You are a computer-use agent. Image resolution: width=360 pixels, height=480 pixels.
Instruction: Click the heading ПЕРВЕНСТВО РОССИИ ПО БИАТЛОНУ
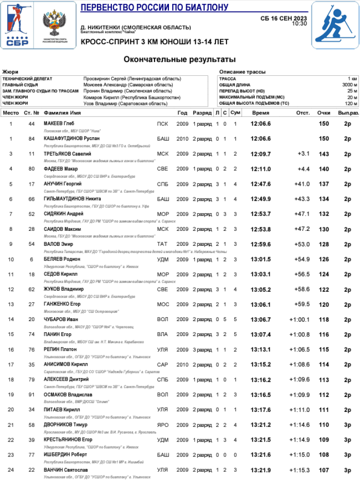(155, 7)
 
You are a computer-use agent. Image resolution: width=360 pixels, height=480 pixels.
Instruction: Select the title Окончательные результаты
(180, 60)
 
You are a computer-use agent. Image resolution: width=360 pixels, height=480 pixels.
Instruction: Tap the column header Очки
(324, 113)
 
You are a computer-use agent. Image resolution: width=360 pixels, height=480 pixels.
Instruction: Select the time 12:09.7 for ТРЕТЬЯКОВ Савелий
(261, 154)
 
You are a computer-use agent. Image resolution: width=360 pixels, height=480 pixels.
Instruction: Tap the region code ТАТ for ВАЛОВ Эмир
(163, 244)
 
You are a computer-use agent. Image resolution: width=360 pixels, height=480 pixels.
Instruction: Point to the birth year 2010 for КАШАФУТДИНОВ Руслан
(182, 139)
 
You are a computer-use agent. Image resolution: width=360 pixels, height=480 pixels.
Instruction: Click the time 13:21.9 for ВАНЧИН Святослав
(261, 470)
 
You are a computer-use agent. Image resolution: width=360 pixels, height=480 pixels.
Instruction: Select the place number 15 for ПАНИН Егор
(11, 335)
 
